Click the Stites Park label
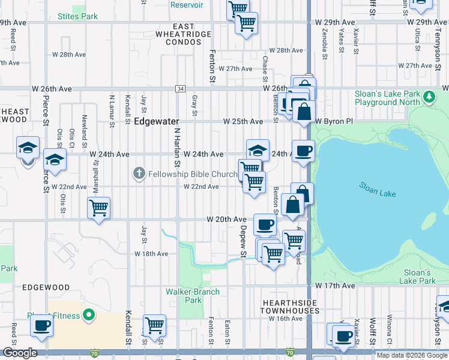coord(77,16)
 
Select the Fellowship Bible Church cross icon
coord(139,174)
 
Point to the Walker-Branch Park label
coord(193,296)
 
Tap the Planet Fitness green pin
coord(89,314)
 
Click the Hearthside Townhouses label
coord(289,307)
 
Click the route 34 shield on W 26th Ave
coord(180,89)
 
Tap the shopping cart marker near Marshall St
coord(98,208)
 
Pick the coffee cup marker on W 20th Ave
coord(265,225)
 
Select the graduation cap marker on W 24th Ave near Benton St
coord(258,150)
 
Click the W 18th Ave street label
coord(152,254)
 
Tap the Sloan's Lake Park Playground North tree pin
coord(429,97)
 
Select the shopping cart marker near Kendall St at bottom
coord(155,325)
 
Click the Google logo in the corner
coord(20,353)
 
